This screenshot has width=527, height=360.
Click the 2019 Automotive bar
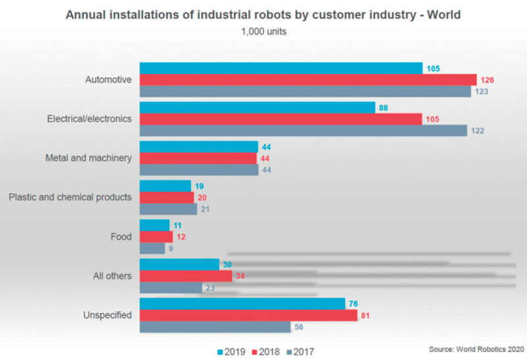pyautogui.click(x=281, y=68)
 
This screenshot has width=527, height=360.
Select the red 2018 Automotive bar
pyautogui.click(x=308, y=80)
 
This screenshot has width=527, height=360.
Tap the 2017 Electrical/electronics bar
pyautogui.click(x=303, y=130)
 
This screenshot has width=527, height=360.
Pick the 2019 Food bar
pyautogui.click(x=155, y=225)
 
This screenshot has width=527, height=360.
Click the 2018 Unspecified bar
pyautogui.click(x=248, y=315)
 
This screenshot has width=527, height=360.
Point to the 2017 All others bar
pyautogui.click(x=171, y=288)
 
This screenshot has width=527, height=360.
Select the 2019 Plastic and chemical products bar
pyautogui.click(x=165, y=186)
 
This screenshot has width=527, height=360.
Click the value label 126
pyautogui.click(x=487, y=80)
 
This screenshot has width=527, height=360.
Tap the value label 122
pyautogui.click(x=478, y=130)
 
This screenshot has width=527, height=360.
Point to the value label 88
pyautogui.click(x=383, y=108)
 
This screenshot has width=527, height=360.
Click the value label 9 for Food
pyautogui.click(x=171, y=249)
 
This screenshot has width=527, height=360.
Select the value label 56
pyautogui.click(x=299, y=327)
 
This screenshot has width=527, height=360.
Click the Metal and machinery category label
pyautogui.click(x=88, y=158)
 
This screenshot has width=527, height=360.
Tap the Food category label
pyautogui.click(x=121, y=237)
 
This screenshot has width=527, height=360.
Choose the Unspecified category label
pyautogui.click(x=107, y=315)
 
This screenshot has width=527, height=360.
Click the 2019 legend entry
pyautogui.click(x=231, y=352)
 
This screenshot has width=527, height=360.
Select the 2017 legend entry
pyautogui.click(x=300, y=352)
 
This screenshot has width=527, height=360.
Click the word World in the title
pyautogui.click(x=443, y=14)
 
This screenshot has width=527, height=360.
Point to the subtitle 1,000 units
pyautogui.click(x=264, y=32)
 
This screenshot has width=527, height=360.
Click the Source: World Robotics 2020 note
pyautogui.click(x=476, y=349)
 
